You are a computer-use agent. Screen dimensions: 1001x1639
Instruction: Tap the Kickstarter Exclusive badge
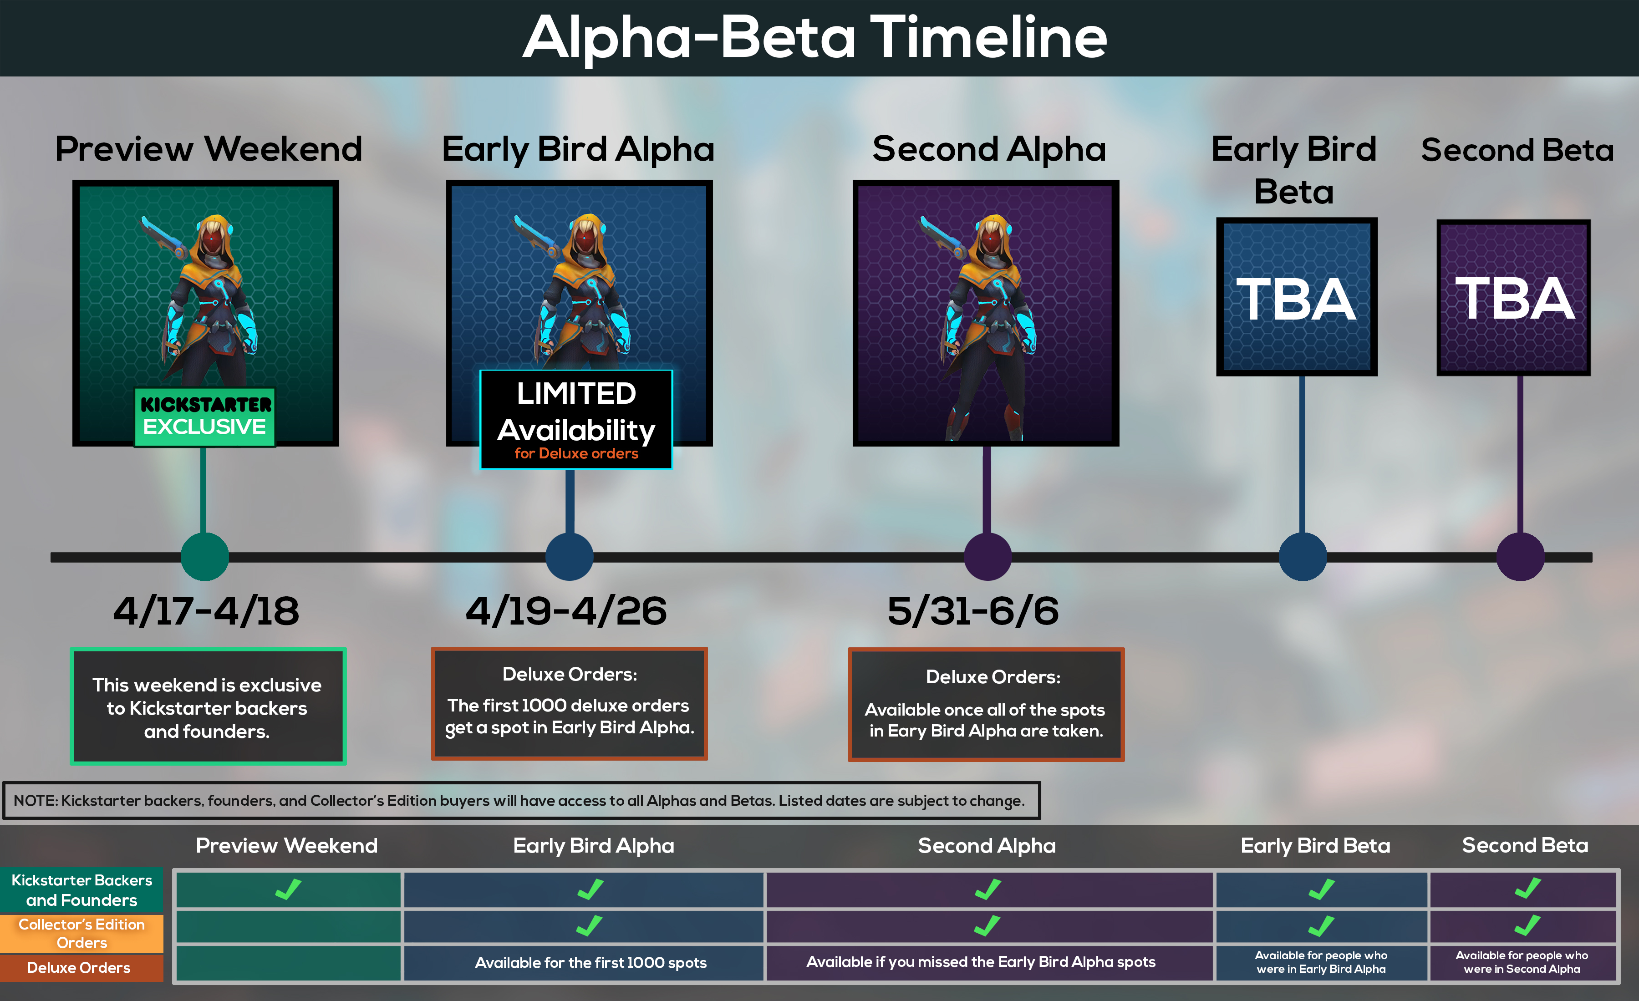point(205,417)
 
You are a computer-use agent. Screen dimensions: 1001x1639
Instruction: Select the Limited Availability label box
point(576,420)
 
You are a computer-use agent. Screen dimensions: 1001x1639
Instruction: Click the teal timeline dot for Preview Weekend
point(205,557)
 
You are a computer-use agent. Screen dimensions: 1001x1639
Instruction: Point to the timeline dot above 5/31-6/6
point(988,557)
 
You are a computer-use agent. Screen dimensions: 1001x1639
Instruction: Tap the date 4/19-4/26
point(566,610)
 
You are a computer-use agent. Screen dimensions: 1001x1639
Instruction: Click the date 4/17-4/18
point(206,610)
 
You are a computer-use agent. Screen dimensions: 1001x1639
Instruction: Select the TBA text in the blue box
point(1296,300)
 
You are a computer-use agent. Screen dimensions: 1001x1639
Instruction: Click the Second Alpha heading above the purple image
point(989,149)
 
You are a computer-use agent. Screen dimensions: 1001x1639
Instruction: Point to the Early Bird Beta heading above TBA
point(1294,170)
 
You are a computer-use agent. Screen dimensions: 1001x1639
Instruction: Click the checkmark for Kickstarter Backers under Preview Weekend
point(288,889)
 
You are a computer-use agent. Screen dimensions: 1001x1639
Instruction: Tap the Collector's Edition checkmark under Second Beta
point(1527,925)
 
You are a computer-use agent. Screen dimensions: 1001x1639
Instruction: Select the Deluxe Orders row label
point(79,968)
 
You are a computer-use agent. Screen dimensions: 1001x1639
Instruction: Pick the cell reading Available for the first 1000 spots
point(590,962)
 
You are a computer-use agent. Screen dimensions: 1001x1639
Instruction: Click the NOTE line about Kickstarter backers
point(519,800)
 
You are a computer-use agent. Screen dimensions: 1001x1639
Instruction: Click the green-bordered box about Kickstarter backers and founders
point(208,707)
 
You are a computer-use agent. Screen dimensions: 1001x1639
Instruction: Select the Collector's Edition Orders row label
point(81,933)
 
